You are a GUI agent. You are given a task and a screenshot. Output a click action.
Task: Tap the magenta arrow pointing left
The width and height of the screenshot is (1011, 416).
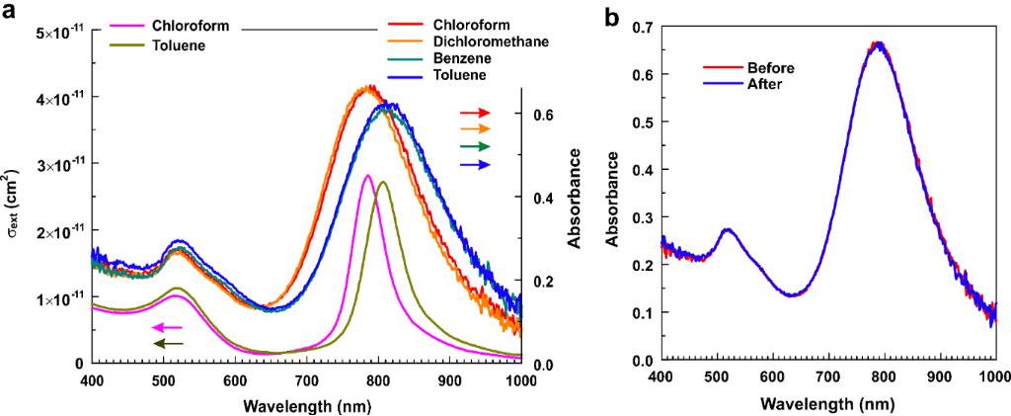167,327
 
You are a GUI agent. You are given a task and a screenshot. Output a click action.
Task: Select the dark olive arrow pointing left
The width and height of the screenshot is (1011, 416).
167,343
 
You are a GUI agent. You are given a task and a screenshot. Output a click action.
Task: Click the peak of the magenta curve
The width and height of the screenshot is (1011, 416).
367,176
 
